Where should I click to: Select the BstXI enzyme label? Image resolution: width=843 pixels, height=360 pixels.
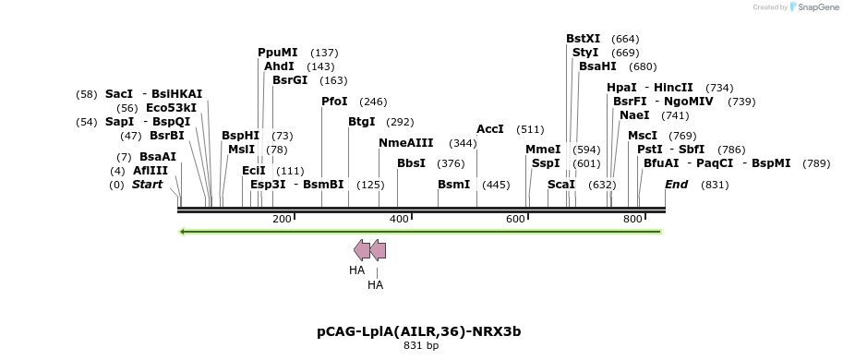(583, 39)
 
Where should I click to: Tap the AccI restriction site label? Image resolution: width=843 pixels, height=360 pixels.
(489, 129)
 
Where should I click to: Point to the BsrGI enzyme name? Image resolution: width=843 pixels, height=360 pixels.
(290, 80)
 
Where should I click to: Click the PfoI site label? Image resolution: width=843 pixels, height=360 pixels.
(334, 102)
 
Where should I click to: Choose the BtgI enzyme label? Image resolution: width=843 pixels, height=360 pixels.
(361, 122)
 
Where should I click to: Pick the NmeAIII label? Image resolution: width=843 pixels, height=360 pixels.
(405, 143)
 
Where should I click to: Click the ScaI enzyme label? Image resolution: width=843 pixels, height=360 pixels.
(561, 185)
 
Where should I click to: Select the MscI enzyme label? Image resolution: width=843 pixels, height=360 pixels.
(643, 136)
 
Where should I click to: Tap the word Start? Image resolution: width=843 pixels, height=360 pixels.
(147, 185)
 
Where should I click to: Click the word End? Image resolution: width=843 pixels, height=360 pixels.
(676, 185)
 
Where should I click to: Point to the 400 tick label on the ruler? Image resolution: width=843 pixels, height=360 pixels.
(399, 219)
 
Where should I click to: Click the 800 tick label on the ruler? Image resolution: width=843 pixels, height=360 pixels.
(632, 219)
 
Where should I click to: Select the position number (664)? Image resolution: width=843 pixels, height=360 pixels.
(625, 39)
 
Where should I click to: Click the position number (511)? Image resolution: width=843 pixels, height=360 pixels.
(530, 129)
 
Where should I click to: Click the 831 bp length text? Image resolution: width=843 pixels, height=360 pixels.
(421, 346)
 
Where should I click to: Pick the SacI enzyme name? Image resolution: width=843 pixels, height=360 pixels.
(119, 94)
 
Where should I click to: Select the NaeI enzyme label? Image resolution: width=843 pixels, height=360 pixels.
(634, 115)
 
